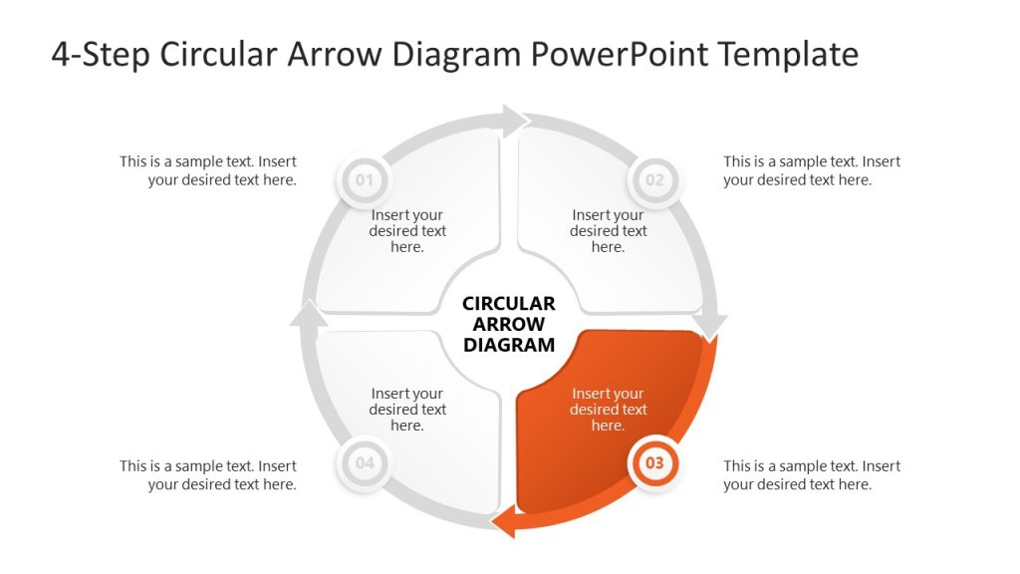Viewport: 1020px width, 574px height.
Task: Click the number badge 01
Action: (x=365, y=180)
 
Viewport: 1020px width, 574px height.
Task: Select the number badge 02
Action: (x=654, y=180)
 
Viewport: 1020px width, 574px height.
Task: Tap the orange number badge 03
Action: (x=654, y=463)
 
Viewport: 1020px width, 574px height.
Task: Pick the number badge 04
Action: (x=365, y=463)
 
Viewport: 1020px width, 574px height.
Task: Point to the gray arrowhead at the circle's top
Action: (x=515, y=122)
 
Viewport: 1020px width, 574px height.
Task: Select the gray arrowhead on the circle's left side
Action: (x=309, y=315)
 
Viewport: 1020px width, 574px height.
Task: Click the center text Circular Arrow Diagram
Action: (x=509, y=325)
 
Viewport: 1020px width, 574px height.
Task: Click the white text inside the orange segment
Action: (x=608, y=410)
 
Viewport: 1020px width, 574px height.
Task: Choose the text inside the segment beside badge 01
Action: (x=407, y=231)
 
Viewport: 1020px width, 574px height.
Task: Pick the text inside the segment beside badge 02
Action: (x=608, y=231)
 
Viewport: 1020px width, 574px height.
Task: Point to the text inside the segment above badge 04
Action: (x=407, y=410)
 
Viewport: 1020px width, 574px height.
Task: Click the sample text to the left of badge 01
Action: (x=208, y=170)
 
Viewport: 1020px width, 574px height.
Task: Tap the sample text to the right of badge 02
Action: (x=812, y=170)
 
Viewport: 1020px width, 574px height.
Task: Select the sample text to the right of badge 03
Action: (x=812, y=475)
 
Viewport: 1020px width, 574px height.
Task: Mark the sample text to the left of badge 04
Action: (x=208, y=475)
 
